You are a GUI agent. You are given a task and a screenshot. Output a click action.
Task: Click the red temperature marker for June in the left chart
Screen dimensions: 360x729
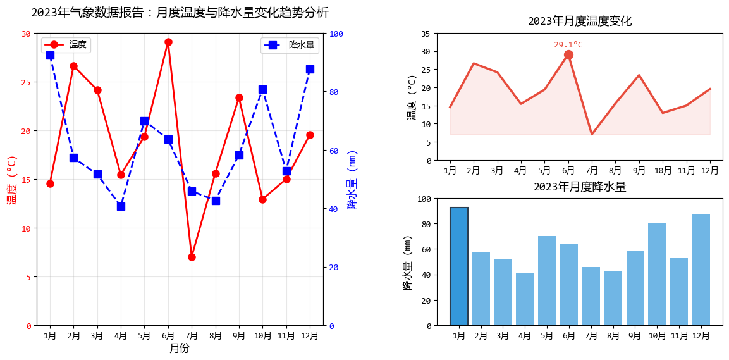pyautogui.click(x=168, y=42)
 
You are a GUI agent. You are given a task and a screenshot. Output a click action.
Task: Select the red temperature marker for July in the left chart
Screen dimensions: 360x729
pyautogui.click(x=192, y=257)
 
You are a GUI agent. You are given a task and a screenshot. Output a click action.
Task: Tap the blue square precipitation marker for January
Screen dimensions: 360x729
pyautogui.click(x=50, y=56)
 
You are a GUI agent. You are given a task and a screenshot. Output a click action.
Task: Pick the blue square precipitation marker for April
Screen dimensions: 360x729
pyautogui.click(x=121, y=206)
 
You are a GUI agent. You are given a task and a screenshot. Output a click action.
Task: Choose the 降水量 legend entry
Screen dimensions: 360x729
pyautogui.click(x=290, y=45)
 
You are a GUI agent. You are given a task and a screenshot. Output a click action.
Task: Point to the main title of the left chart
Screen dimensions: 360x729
pyautogui.click(x=180, y=13)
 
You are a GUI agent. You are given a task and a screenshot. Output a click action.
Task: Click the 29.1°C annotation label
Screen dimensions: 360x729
pyautogui.click(x=568, y=45)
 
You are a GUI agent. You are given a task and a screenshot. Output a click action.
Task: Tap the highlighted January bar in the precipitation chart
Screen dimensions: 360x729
pyautogui.click(x=459, y=266)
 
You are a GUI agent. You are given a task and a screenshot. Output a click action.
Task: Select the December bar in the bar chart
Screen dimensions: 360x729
pyautogui.click(x=701, y=270)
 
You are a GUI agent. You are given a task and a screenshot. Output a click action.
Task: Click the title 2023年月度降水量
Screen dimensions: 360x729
pyautogui.click(x=580, y=187)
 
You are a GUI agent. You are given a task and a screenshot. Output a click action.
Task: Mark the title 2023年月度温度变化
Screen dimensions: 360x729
pyautogui.click(x=580, y=21)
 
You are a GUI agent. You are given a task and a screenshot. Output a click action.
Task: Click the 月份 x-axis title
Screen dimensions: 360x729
pyautogui.click(x=180, y=348)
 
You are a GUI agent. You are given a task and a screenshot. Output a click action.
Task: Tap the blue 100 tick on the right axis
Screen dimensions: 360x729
pyautogui.click(x=337, y=34)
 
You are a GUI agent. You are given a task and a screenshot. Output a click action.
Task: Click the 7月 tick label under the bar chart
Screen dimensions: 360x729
pyautogui.click(x=591, y=335)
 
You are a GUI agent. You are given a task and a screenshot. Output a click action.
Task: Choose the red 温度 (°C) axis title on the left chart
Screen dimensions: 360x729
pyautogui.click(x=11, y=180)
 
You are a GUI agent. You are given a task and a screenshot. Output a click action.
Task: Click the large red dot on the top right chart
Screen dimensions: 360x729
pyautogui.click(x=568, y=55)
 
